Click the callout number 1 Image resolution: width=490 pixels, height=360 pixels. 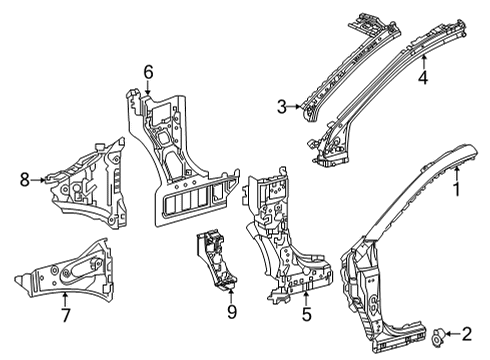(x=457, y=186)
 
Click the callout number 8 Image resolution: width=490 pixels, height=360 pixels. (x=25, y=181)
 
